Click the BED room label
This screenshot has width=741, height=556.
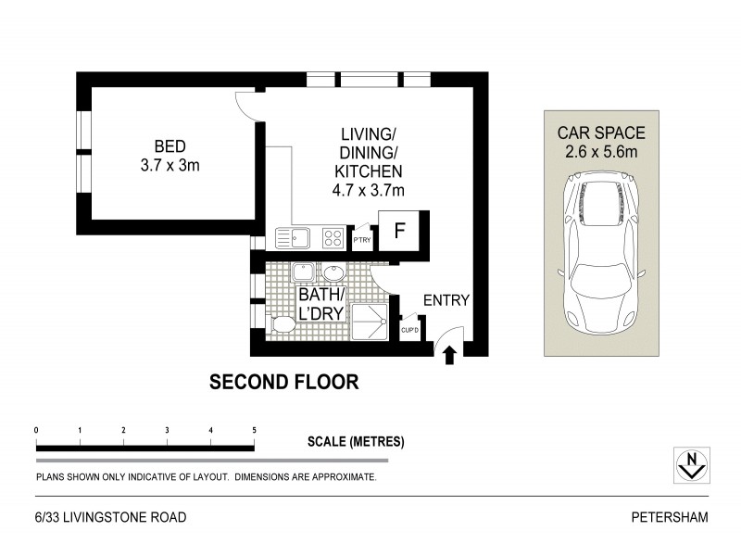tap(170, 146)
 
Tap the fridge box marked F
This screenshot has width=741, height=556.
tap(400, 231)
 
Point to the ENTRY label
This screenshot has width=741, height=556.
tap(446, 300)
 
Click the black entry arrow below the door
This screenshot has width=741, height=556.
tap(450, 355)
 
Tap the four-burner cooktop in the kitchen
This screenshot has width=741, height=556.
tap(333, 238)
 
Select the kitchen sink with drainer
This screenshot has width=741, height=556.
tap(293, 238)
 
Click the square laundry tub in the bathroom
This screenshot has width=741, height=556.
tap(302, 272)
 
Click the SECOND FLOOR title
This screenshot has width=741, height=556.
tap(283, 381)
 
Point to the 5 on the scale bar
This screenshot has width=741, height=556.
tap(254, 430)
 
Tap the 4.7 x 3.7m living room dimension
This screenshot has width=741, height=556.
tap(370, 190)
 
